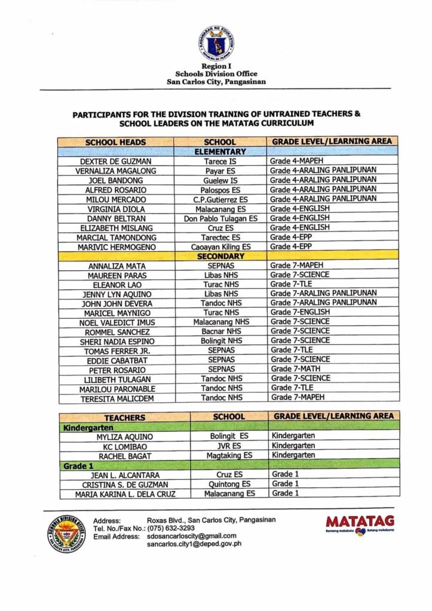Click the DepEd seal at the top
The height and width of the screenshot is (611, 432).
(216, 44)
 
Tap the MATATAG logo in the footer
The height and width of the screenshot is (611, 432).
(360, 524)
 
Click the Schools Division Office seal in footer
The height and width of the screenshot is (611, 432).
(66, 533)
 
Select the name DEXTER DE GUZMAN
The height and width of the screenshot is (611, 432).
(116, 161)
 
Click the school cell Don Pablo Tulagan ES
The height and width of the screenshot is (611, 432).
(220, 218)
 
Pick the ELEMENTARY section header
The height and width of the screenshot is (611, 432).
(220, 152)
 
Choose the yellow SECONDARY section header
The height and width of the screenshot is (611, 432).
(220, 256)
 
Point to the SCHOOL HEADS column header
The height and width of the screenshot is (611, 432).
(116, 142)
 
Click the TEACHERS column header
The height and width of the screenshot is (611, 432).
(124, 417)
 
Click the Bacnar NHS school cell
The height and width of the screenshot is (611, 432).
(221, 331)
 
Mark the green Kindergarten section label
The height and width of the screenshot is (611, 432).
(90, 427)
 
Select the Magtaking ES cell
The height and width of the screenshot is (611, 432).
(229, 455)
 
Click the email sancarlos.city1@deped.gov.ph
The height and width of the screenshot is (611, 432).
(194, 545)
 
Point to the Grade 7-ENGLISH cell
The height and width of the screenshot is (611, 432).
(299, 312)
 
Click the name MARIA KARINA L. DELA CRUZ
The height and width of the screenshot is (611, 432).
(125, 494)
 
